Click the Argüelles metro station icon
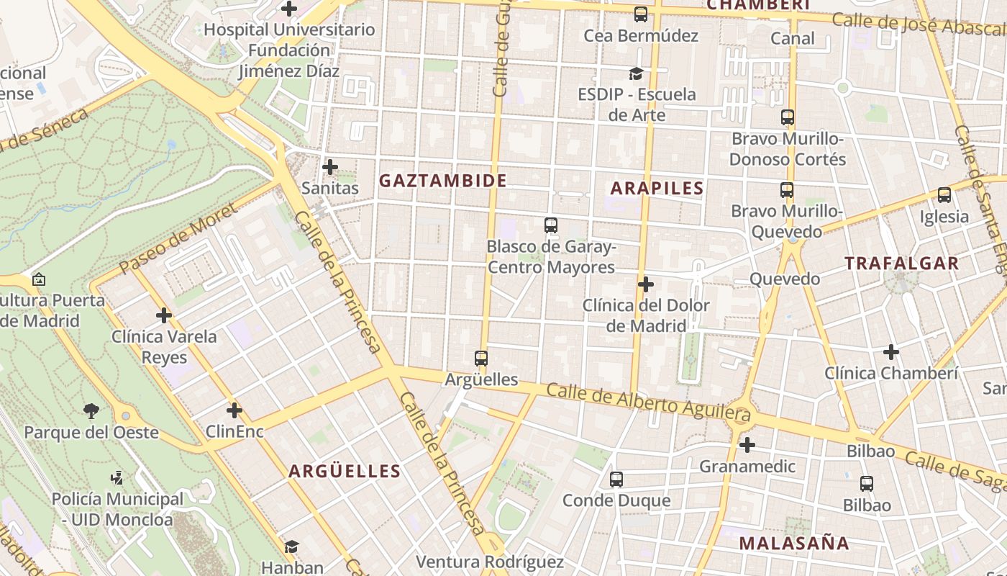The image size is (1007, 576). coord(481,358)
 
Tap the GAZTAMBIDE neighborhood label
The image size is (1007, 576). coord(443,181)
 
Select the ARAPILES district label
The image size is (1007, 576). coord(657,189)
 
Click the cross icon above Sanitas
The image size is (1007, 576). coord(330,167)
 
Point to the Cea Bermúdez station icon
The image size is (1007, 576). coord(641,14)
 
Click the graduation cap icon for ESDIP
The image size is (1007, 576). coord(636,73)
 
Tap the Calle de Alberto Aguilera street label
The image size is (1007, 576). coord(649,402)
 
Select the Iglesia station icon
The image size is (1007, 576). coord(944,195)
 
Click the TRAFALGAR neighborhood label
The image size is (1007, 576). coord(902,264)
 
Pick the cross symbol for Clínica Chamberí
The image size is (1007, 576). coord(891,352)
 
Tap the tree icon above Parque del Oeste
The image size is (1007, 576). coord(91,411)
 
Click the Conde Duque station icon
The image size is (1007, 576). coord(616,480)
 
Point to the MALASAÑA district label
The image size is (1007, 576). coord(794,544)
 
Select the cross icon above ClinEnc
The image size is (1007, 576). coord(234,410)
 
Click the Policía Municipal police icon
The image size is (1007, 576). coord(117,477)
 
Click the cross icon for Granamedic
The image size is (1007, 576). coord(747,445)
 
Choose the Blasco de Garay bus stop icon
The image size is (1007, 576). coord(551,225)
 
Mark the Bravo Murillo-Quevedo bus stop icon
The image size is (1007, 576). coord(787,190)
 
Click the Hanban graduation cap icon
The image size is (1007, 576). coord(291,547)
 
